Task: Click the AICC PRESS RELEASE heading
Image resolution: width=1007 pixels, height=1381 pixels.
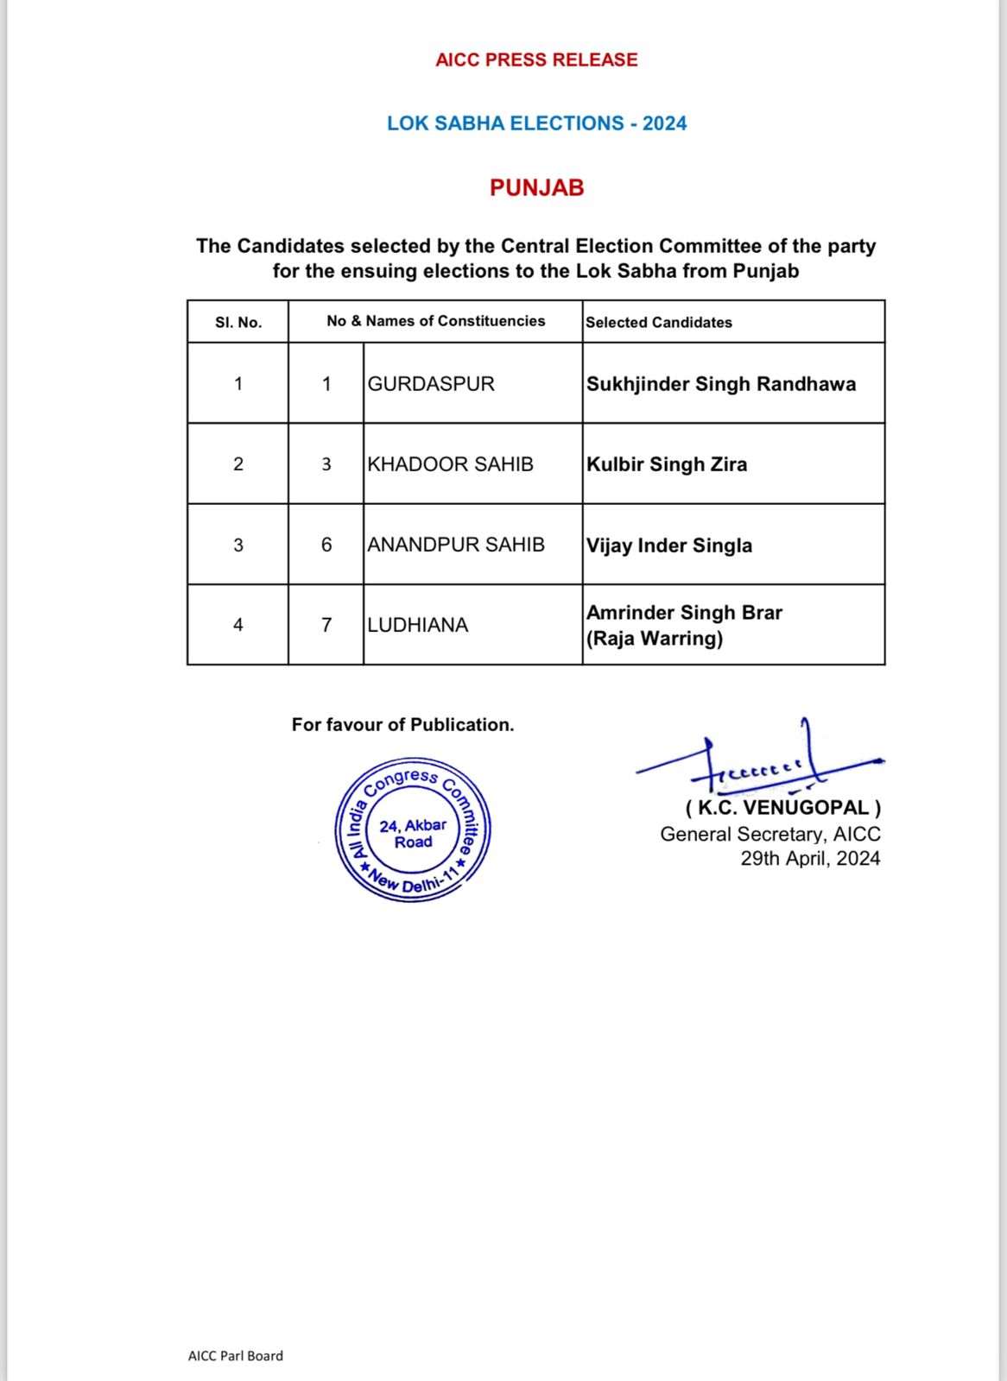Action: pyautogui.click(x=536, y=60)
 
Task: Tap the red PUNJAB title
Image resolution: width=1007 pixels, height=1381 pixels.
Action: pyautogui.click(x=536, y=187)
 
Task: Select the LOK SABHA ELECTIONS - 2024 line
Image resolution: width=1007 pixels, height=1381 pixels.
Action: pyautogui.click(x=536, y=123)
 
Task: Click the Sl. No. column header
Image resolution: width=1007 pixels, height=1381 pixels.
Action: pyautogui.click(x=238, y=322)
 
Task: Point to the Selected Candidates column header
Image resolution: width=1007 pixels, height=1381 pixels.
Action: pyautogui.click(x=659, y=322)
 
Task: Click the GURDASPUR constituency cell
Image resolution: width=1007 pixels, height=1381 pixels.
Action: pyautogui.click(x=431, y=384)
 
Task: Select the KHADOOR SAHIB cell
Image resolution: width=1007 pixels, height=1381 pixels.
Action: pyautogui.click(x=450, y=464)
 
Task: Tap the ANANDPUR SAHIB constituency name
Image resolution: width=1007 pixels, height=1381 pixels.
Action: pyautogui.click(x=456, y=545)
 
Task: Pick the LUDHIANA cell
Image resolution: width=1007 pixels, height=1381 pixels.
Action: pyautogui.click(x=418, y=625)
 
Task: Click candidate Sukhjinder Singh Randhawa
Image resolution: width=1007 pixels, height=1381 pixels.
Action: pyautogui.click(x=721, y=384)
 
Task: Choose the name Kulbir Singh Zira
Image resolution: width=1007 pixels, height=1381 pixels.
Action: pyautogui.click(x=667, y=464)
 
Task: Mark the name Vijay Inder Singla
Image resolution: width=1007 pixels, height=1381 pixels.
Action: pyautogui.click(x=669, y=545)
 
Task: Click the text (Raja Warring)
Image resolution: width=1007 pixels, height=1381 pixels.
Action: pyautogui.click(x=655, y=639)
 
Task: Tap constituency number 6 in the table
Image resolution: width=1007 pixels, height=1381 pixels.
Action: pyautogui.click(x=326, y=545)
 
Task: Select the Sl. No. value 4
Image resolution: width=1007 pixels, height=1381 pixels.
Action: pyautogui.click(x=238, y=625)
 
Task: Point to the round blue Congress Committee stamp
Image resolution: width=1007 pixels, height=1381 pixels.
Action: pyautogui.click(x=413, y=830)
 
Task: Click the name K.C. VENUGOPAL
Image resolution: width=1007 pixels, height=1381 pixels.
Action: pyautogui.click(x=782, y=808)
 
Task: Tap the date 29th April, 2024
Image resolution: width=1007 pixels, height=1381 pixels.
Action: pyautogui.click(x=810, y=859)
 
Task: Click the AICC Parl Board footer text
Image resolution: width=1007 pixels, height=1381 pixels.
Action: pyautogui.click(x=236, y=1356)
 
